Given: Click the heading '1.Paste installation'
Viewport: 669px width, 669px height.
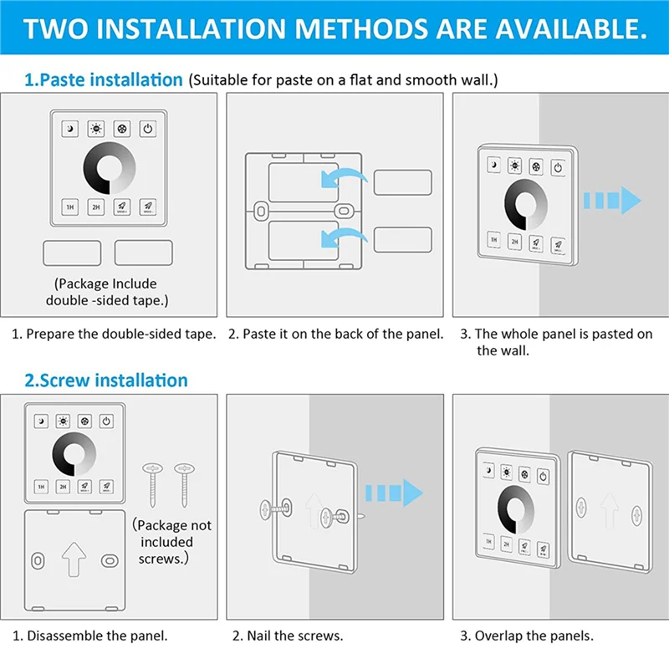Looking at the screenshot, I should point(103,80).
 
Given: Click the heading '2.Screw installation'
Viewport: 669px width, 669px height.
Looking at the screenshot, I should point(106,380).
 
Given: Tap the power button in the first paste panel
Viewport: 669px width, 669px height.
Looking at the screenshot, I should point(147,129).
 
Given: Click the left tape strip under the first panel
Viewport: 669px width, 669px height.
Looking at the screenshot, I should point(72,253).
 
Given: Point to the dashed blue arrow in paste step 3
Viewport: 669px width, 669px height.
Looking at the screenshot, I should point(611,201).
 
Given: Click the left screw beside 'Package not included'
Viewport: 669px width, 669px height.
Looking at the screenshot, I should point(153,484).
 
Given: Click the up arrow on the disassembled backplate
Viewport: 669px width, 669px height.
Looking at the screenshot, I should point(74,556).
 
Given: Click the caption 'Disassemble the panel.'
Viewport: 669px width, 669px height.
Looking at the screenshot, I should point(97,636).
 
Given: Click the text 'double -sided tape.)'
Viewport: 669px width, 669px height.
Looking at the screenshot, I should point(105,299).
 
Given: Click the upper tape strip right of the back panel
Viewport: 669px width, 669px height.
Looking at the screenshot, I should point(402,183).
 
